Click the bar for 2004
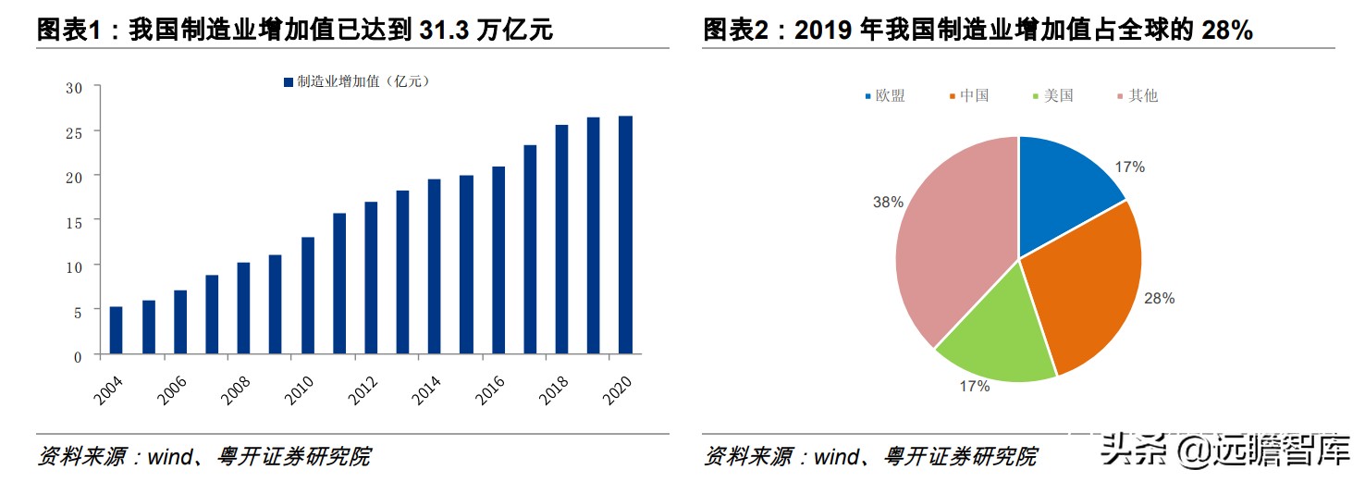point(117,330)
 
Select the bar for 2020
point(625,235)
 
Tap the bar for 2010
point(307,296)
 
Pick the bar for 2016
point(498,260)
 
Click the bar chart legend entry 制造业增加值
point(356,81)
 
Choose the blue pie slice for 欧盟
point(1064,194)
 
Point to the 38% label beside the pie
point(888,202)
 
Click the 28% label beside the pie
point(1159,299)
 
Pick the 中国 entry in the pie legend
point(974,95)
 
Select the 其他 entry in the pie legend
point(1143,95)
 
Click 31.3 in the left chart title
point(443,31)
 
